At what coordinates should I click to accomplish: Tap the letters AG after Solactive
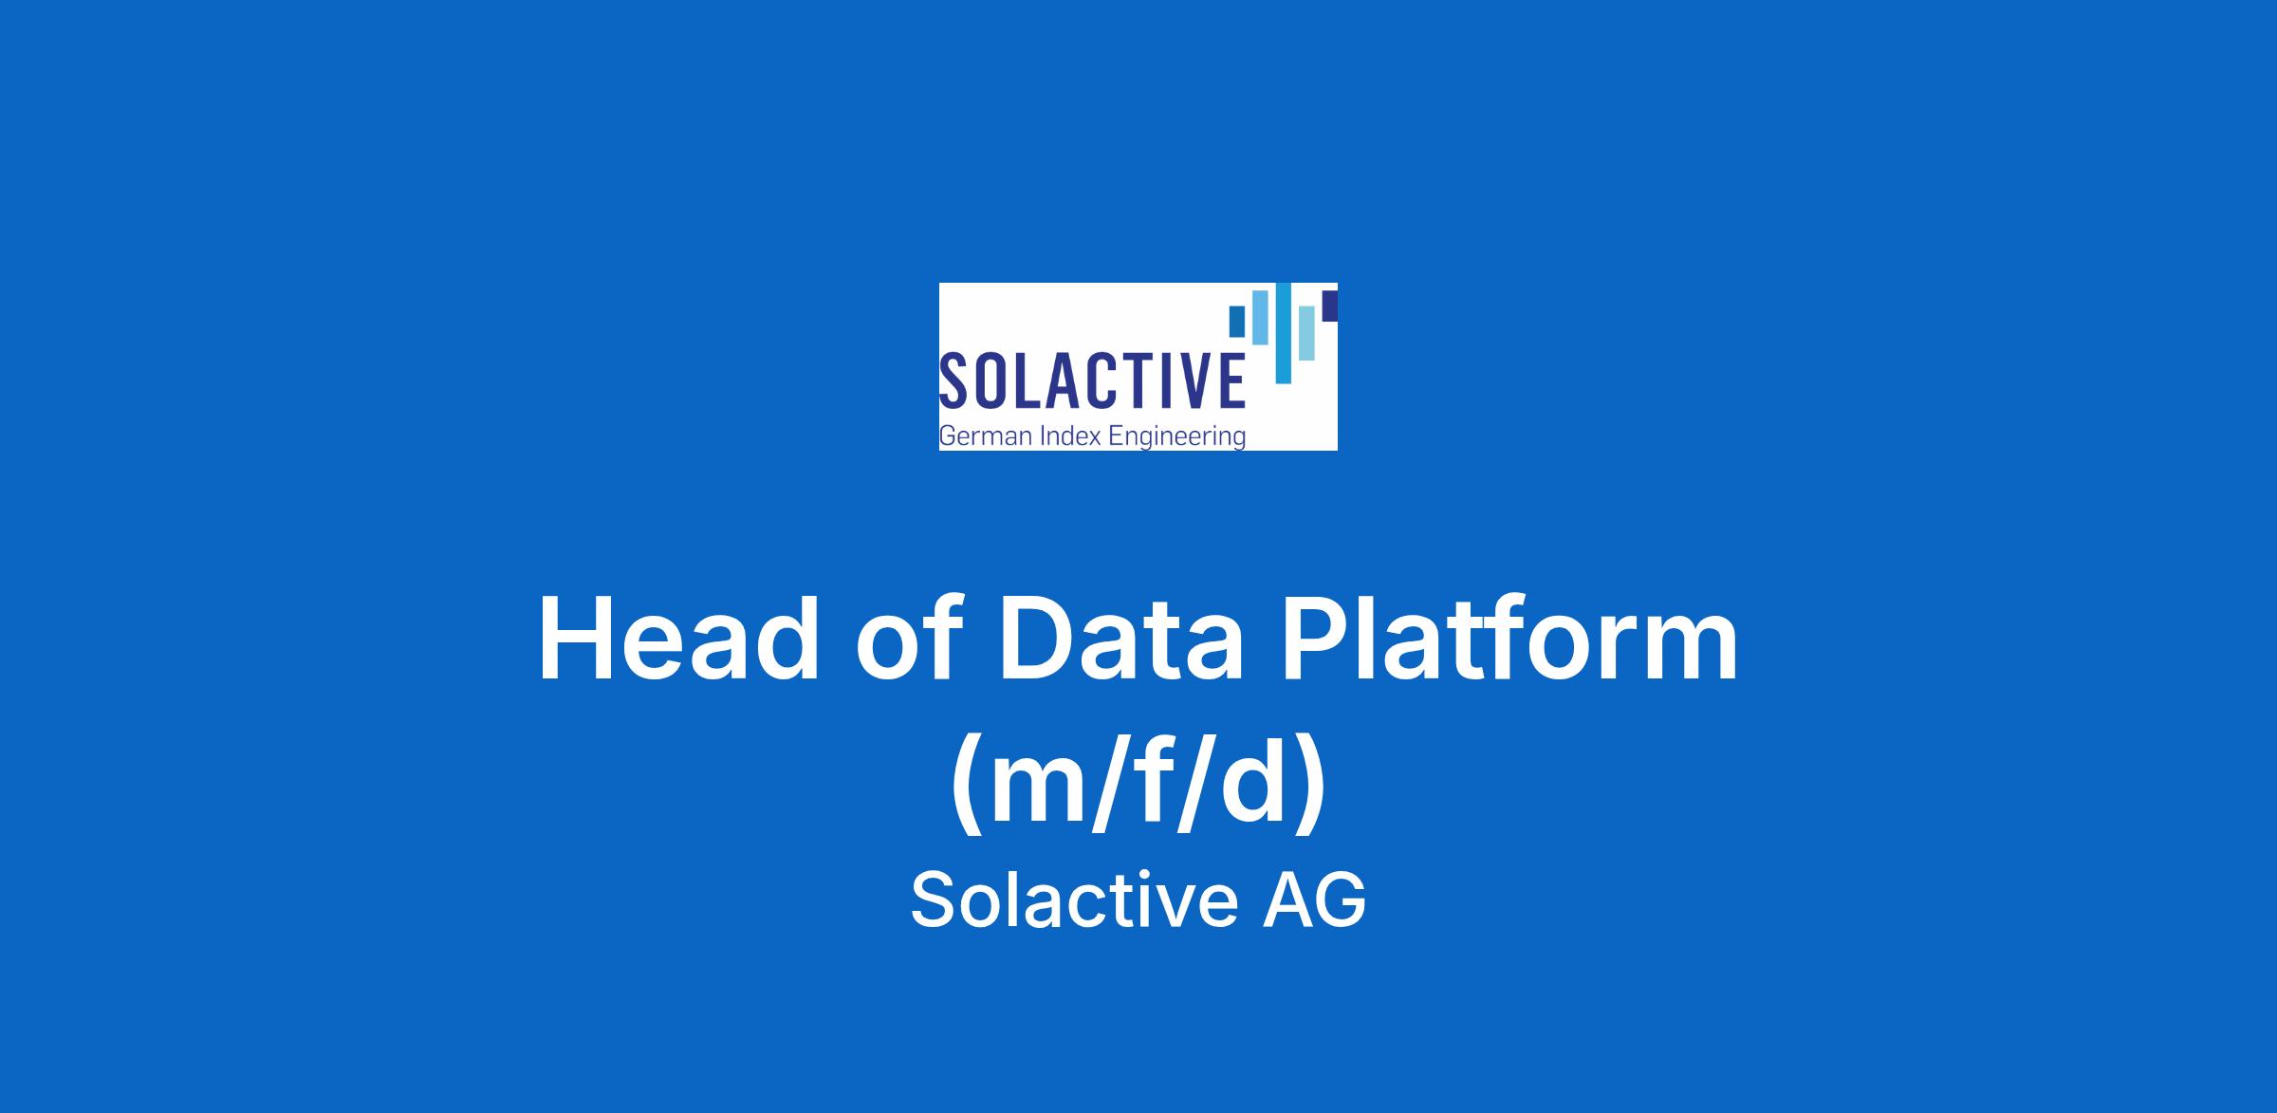(1314, 900)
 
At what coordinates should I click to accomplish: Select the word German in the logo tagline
(984, 436)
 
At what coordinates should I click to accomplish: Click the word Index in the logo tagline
(1068, 436)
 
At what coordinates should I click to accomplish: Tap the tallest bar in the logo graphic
(1284, 333)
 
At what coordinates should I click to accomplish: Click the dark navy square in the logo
(1330, 306)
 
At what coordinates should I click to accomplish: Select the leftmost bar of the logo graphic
(1237, 321)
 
